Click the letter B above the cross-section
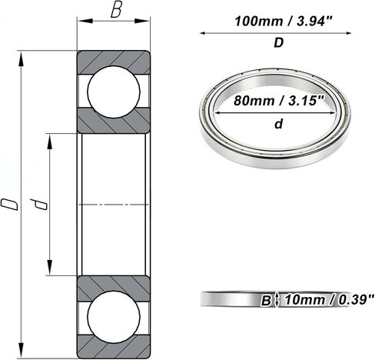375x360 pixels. tap(116, 11)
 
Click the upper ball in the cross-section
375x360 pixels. tap(114, 92)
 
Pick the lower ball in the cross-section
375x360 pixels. tap(114, 316)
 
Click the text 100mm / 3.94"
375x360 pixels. tap(283, 21)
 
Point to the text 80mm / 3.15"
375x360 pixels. tap(279, 101)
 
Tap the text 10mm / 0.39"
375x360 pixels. tap(330, 299)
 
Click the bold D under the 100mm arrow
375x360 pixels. tap(279, 43)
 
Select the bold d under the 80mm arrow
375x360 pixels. tap(278, 124)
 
